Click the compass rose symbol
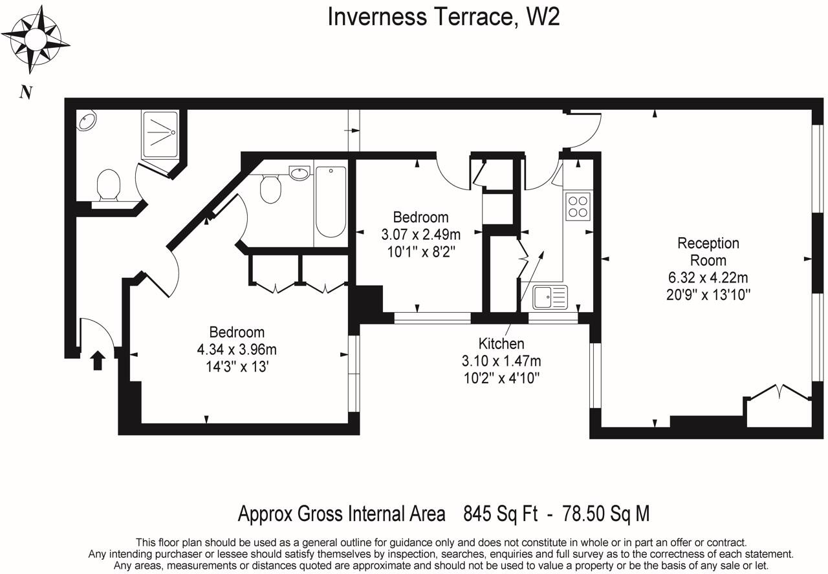click(36, 39)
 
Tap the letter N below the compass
click(26, 92)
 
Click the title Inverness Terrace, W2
click(444, 17)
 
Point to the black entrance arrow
click(98, 360)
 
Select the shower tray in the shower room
click(160, 134)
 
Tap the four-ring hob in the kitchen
click(578, 207)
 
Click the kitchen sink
click(550, 297)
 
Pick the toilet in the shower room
click(109, 185)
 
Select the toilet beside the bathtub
click(270, 188)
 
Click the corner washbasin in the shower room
click(87, 120)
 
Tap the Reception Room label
click(708, 251)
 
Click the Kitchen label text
click(501, 343)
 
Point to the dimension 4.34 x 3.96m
click(237, 349)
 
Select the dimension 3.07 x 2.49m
click(420, 234)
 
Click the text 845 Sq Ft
click(501, 513)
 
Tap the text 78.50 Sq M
click(605, 513)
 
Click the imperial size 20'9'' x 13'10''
click(708, 295)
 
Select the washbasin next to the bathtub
click(300, 173)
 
